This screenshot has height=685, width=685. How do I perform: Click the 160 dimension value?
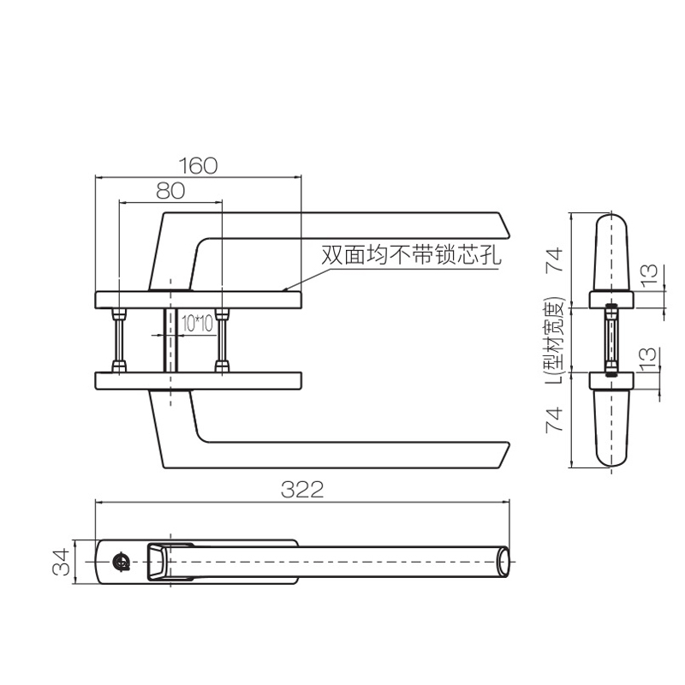[198, 165]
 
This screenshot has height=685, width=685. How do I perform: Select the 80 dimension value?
[170, 191]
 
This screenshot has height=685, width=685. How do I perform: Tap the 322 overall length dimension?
[302, 490]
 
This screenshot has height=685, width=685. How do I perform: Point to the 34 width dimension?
[61, 562]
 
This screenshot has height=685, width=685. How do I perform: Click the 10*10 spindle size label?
[197, 324]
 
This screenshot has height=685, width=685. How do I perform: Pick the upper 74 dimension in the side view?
[554, 260]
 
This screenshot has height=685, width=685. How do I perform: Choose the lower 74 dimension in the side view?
[554, 420]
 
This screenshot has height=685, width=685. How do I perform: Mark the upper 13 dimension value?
[650, 274]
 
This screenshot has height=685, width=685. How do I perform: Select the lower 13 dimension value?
[650, 358]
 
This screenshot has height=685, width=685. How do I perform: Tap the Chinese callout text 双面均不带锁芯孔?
[411, 255]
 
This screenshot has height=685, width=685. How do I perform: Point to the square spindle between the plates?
[170, 340]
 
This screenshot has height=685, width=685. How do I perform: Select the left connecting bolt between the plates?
[119, 340]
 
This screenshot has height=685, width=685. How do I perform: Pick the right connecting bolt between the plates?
[222, 340]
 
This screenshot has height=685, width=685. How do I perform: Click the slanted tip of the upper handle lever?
[503, 225]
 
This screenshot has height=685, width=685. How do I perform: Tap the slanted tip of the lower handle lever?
[503, 456]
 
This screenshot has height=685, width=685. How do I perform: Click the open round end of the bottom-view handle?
[503, 562]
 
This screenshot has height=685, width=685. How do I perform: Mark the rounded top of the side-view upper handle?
[611, 217]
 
